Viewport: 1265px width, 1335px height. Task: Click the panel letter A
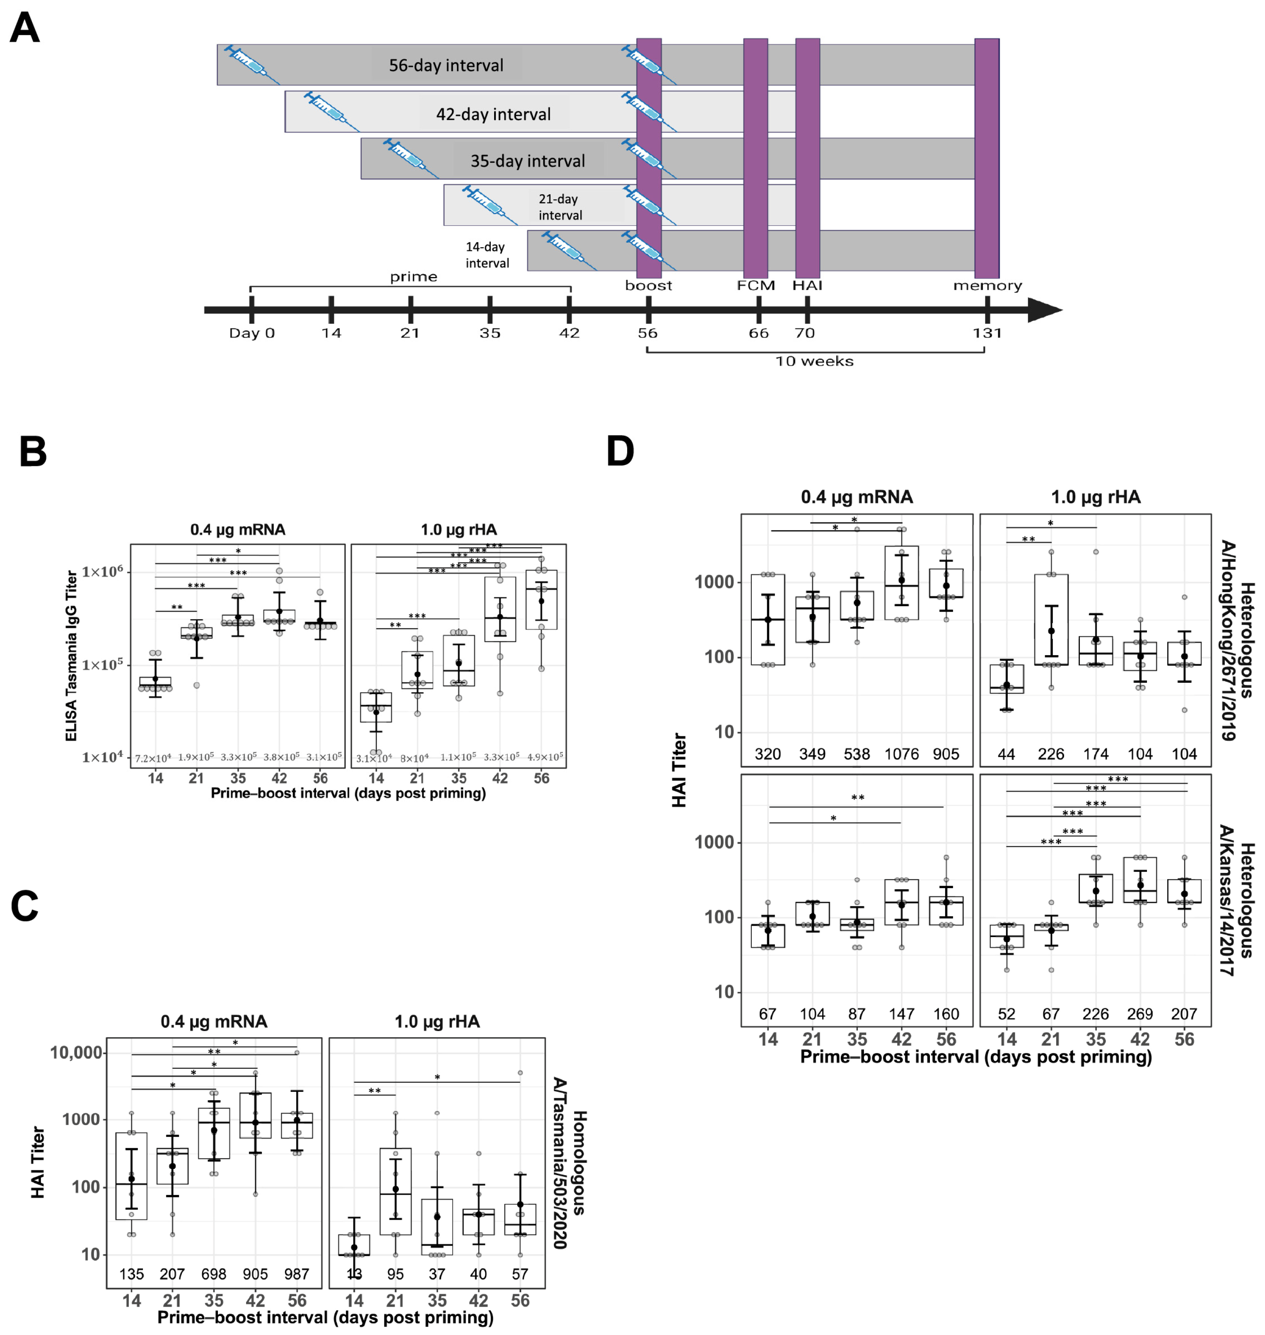pos(25,28)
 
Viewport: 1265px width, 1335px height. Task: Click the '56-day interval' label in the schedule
pos(446,65)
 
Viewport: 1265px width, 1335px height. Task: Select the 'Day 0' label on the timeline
pos(251,333)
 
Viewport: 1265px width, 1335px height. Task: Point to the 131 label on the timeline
pos(987,333)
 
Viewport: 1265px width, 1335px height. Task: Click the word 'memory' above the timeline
pos(987,286)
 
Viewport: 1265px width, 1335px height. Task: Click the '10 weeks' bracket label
pos(814,361)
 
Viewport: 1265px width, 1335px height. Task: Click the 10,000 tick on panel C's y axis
pos(76,1053)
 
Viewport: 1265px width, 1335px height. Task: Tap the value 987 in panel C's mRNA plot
pos(297,1274)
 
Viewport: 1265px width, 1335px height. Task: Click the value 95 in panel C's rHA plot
pos(395,1274)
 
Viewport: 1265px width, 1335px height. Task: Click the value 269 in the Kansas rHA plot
pos(1139,1014)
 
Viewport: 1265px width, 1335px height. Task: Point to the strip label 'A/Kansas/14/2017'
pos(1226,900)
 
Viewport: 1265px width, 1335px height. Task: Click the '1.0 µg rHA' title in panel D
pos(1095,497)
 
